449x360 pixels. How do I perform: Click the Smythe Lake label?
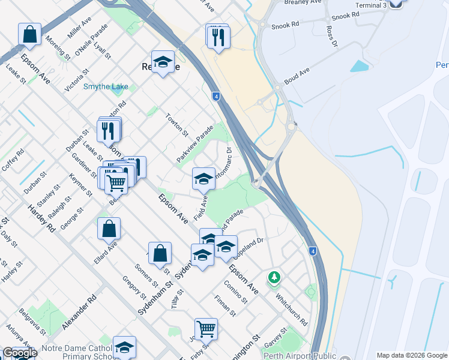point(106,86)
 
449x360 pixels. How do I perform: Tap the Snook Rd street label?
point(285,26)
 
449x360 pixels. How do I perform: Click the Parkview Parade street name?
point(195,143)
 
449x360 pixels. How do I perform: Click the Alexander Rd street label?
point(79,311)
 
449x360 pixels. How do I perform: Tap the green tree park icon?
point(274,277)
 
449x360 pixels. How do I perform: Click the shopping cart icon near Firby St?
point(206,328)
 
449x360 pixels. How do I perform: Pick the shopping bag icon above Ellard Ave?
point(109,228)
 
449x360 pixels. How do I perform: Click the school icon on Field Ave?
point(203,178)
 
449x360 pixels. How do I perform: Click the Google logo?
point(19,353)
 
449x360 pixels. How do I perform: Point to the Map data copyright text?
point(412,355)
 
